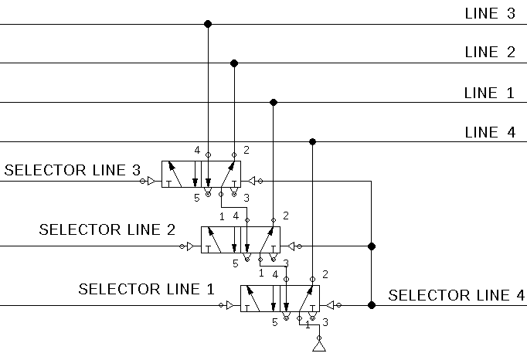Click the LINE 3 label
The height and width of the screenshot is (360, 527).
click(490, 13)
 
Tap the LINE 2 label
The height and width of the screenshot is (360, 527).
click(490, 52)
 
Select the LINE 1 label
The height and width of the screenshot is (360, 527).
click(489, 93)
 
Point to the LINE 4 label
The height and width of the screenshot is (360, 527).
click(490, 132)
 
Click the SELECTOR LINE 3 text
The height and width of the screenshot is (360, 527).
click(73, 170)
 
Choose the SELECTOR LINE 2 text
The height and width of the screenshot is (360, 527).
click(107, 229)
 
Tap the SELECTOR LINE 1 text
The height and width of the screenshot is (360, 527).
click(146, 289)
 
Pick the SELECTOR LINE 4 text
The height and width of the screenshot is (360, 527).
click(457, 295)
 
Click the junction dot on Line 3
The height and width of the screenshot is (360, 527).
click(208, 24)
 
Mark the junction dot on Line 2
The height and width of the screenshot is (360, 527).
click(234, 63)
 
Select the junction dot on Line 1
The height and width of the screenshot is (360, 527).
click(274, 102)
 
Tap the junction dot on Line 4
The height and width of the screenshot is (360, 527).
click(313, 141)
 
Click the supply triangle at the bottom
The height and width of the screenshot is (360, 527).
click(319, 347)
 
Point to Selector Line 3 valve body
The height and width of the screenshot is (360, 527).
click(201, 174)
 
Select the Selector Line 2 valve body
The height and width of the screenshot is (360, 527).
click(240, 239)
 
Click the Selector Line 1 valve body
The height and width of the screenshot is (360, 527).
click(280, 298)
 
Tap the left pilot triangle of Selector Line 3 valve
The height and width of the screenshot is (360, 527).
click(151, 182)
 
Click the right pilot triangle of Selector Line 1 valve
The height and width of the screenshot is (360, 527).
click(331, 305)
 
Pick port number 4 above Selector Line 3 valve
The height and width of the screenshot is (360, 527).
click(197, 150)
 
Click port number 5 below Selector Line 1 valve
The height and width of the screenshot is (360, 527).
click(275, 322)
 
